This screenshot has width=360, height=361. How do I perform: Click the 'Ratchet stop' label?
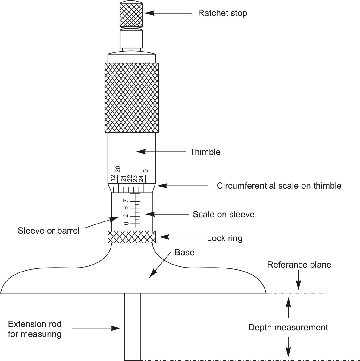[x=222, y=13]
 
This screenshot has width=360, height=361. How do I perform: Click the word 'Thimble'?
[x=205, y=152]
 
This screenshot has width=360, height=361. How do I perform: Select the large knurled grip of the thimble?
[x=132, y=97]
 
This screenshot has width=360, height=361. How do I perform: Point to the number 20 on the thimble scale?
[x=118, y=169]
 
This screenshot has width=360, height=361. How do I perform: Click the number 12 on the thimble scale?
[x=113, y=178]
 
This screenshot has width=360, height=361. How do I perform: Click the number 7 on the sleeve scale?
[x=126, y=201]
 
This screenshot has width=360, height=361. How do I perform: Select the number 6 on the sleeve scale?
[x=126, y=208]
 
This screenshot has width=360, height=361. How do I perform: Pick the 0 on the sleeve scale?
[x=126, y=223]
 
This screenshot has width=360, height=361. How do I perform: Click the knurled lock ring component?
[x=132, y=237]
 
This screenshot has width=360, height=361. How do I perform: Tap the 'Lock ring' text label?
[x=224, y=238]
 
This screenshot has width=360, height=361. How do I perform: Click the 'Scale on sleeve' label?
[x=224, y=215]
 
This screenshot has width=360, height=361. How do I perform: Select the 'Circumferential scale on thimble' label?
[x=279, y=186]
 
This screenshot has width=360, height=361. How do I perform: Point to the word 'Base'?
[x=184, y=252]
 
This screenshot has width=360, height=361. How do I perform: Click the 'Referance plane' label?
[x=299, y=265]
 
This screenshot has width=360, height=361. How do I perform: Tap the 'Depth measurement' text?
[x=288, y=327]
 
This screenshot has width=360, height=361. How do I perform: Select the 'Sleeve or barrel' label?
[x=49, y=231]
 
